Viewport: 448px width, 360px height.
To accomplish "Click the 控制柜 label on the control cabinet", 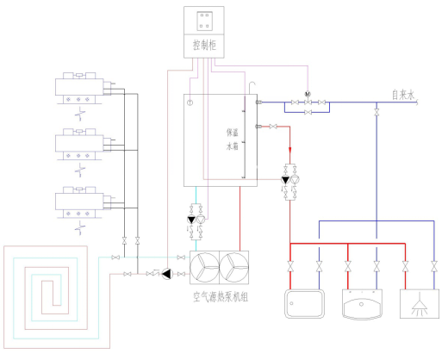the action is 204,45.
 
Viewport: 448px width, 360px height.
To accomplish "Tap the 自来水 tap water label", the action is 403,95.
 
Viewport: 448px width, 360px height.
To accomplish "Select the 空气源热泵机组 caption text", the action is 221,297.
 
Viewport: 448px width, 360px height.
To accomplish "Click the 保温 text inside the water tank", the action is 232,133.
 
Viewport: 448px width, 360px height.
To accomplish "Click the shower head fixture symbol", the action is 420,304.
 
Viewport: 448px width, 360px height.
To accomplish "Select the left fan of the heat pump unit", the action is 204,267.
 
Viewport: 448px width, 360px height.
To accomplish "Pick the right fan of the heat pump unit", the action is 234,267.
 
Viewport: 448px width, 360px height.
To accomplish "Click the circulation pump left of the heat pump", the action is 167,274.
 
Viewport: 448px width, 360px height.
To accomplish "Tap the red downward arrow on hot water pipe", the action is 290,151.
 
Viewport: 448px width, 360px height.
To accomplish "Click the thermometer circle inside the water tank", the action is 190,102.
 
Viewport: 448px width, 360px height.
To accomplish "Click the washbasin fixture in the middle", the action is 362,304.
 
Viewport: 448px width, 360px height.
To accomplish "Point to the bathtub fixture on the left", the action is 305,304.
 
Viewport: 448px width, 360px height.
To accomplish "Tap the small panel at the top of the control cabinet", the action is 205,21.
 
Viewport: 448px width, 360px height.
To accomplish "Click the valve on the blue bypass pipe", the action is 308,112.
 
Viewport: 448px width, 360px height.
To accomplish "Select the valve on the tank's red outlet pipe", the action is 273,127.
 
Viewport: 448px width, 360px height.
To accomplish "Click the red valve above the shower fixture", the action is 405,267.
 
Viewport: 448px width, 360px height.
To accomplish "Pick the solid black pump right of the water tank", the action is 285,180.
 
